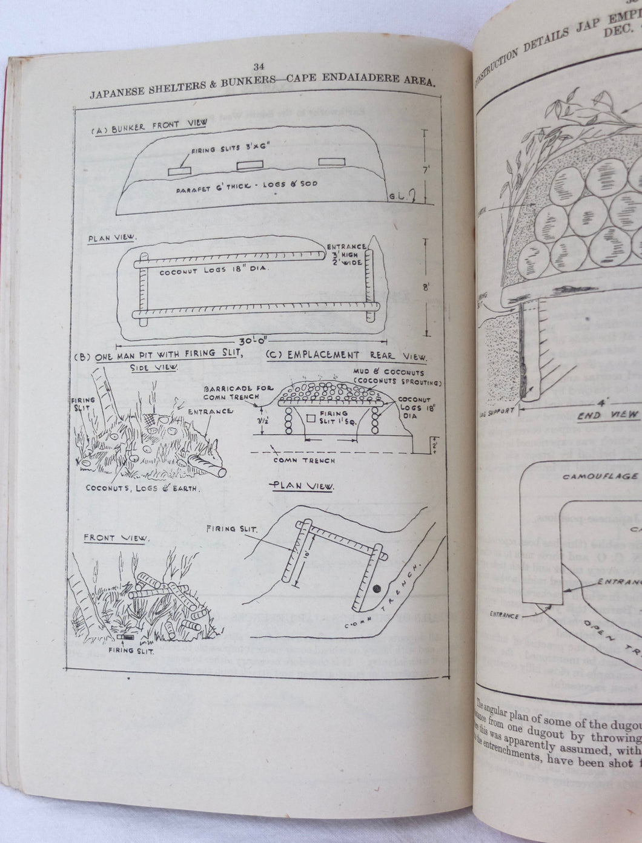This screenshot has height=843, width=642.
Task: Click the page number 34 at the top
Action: point(260,67)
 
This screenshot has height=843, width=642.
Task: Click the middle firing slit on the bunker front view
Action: point(248,165)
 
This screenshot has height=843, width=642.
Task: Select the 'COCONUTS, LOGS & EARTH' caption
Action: point(141,488)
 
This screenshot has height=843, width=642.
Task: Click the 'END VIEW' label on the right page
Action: point(607,415)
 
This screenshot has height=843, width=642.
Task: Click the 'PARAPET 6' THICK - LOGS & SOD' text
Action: point(247,184)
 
